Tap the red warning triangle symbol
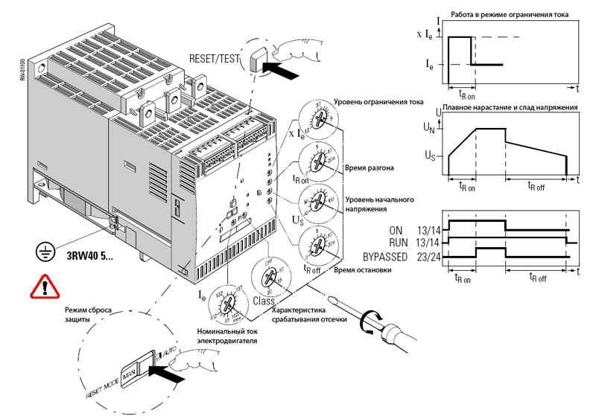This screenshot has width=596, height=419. [45, 286]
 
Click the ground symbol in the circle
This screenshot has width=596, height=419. [46, 253]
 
